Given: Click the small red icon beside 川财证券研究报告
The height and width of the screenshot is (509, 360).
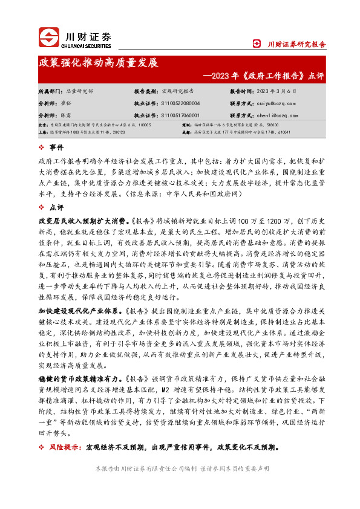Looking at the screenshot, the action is click(261, 44).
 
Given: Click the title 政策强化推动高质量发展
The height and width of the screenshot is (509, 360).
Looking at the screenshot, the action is click(98, 63).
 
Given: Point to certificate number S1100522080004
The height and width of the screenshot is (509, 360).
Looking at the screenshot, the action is click(182, 103).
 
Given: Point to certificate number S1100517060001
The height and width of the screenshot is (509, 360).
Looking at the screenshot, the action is click(182, 115).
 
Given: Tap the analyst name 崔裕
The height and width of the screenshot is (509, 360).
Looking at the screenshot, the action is click(71, 103).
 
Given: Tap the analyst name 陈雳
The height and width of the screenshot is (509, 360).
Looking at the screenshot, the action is click(71, 115).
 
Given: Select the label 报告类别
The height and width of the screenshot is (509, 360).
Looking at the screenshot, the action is click(147, 90).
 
